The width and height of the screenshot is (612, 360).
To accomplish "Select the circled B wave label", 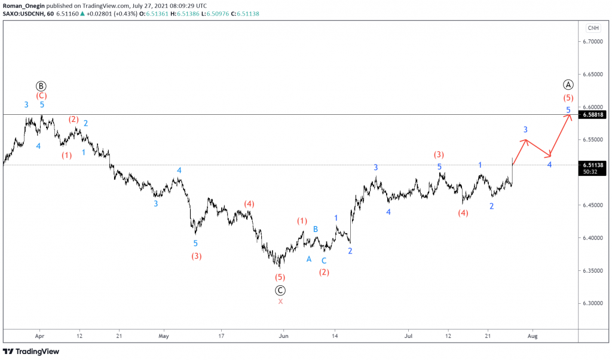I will (x=41, y=86).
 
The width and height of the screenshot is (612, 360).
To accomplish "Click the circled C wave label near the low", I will (x=280, y=291).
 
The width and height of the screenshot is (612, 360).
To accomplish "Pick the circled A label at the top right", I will (x=568, y=84).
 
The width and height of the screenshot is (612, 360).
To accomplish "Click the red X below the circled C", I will (x=280, y=301).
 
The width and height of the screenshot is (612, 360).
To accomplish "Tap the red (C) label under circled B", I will (x=41, y=95).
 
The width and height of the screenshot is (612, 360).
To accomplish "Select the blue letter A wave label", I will (x=309, y=259).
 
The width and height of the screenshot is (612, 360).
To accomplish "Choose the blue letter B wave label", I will (x=316, y=229).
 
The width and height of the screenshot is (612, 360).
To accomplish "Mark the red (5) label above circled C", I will (x=280, y=277).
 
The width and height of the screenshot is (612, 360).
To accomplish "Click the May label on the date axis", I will (x=164, y=336).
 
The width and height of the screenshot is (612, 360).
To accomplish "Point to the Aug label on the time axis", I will (x=533, y=336).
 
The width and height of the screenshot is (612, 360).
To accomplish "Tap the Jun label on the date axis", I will (x=283, y=336).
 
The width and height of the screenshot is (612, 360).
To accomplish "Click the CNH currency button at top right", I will (x=593, y=28).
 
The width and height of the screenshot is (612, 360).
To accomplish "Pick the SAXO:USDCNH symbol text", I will (x=25, y=13).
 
